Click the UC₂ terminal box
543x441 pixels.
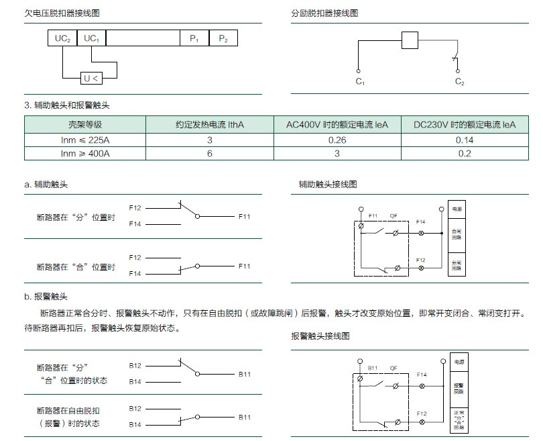(x=63, y=39)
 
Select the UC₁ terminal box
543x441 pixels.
(x=91, y=39)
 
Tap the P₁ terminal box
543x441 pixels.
(x=194, y=39)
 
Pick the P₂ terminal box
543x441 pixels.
(x=223, y=39)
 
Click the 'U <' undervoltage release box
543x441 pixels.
(x=91, y=79)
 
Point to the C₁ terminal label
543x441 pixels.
(x=359, y=82)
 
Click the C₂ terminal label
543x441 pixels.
(x=459, y=82)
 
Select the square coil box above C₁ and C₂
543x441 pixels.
(x=410, y=40)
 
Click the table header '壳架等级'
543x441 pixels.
(x=85, y=124)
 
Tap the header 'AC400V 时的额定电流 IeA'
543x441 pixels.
(x=337, y=124)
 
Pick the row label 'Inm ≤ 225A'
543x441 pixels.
(x=85, y=140)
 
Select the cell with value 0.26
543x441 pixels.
(x=337, y=140)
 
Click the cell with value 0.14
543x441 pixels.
(x=464, y=140)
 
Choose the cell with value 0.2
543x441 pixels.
(x=464, y=154)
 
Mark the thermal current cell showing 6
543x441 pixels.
(x=210, y=154)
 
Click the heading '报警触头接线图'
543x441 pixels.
(x=320, y=336)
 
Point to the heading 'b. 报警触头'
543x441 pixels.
(x=46, y=296)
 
